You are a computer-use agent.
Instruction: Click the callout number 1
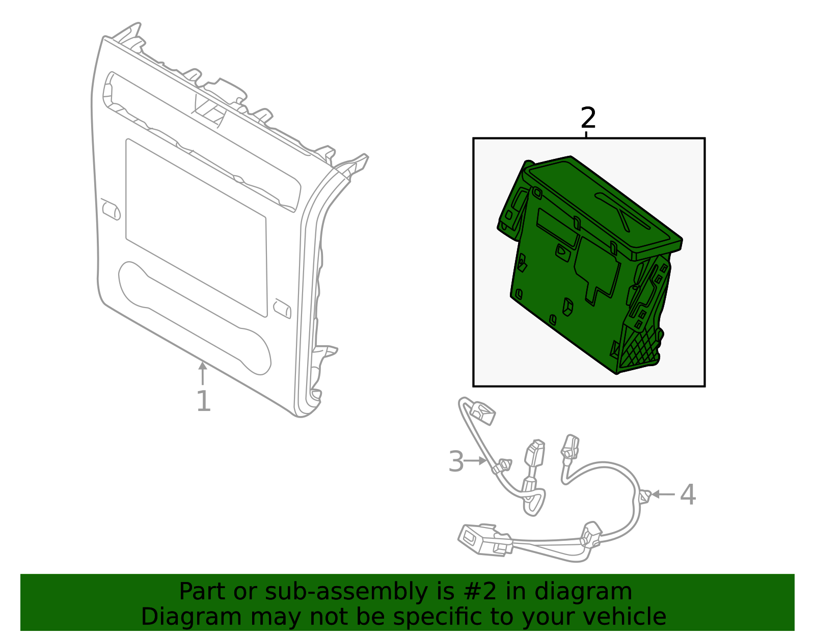(203, 401)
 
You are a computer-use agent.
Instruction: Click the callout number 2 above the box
(588, 118)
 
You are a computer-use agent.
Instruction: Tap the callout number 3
(456, 461)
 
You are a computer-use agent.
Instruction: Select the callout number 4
(688, 494)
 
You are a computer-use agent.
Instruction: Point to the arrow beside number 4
(663, 494)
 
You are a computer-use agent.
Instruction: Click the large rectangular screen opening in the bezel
(196, 227)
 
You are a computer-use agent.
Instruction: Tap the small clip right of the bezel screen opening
(282, 309)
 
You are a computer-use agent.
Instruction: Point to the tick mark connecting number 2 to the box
(587, 134)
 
